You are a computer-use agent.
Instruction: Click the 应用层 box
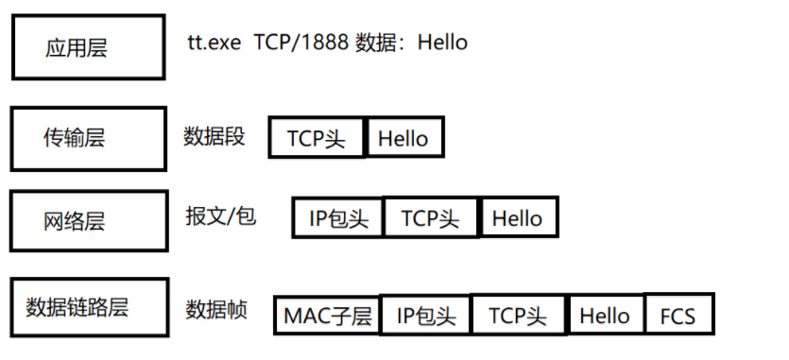click(x=77, y=47)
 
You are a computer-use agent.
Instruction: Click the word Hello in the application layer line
click(x=442, y=43)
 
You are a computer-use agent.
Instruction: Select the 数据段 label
click(x=214, y=136)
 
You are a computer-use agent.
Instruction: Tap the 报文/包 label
click(x=220, y=216)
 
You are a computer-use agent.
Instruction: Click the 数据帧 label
click(x=216, y=309)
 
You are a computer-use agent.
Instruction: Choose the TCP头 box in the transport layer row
click(x=317, y=139)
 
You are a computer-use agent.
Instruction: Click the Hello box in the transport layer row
click(x=403, y=139)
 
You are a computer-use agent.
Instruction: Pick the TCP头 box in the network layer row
click(x=431, y=218)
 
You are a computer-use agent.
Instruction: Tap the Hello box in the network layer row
click(x=518, y=218)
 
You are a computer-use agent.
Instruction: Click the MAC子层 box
click(x=327, y=315)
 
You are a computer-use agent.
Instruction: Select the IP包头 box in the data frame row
click(x=424, y=315)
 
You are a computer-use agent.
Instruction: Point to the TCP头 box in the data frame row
click(x=519, y=315)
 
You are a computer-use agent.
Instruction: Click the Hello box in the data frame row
click(x=606, y=315)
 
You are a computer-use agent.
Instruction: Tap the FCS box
click(x=678, y=315)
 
